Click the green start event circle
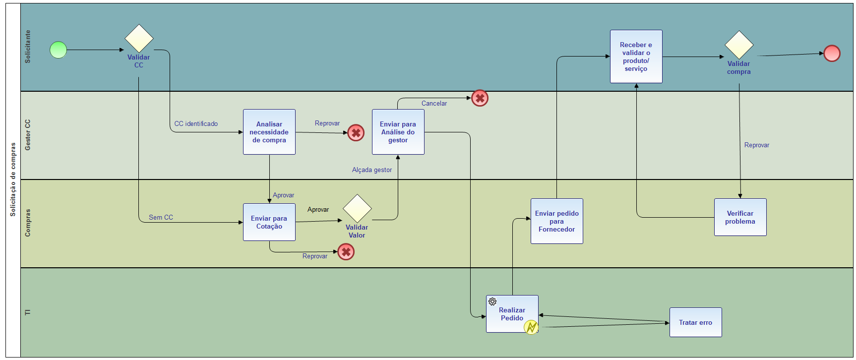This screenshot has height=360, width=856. (x=59, y=50)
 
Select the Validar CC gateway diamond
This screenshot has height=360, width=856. (x=139, y=39)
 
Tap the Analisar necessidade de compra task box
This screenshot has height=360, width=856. (x=269, y=132)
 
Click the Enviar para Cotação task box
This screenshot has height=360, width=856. (x=269, y=222)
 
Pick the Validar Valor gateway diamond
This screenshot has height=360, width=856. (x=357, y=209)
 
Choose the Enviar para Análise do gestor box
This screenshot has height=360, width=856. (x=398, y=132)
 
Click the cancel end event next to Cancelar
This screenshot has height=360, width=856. (x=480, y=98)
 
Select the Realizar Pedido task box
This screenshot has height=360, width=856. (x=512, y=314)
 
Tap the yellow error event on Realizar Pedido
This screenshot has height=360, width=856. (x=531, y=327)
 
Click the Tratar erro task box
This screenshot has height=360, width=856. (x=695, y=322)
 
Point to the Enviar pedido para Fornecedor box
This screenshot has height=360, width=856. (x=557, y=221)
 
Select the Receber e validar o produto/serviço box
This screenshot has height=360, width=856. (x=636, y=57)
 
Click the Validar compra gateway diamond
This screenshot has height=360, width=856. (x=739, y=45)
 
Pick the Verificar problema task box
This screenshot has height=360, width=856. (x=740, y=217)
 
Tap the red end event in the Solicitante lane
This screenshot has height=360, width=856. (x=832, y=54)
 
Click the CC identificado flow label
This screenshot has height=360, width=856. (x=196, y=124)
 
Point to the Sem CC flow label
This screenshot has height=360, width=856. (x=161, y=218)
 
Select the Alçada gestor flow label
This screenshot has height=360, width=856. (x=372, y=170)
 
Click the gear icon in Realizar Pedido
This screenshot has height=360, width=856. (x=492, y=301)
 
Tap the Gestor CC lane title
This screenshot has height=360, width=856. (x=28, y=135)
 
